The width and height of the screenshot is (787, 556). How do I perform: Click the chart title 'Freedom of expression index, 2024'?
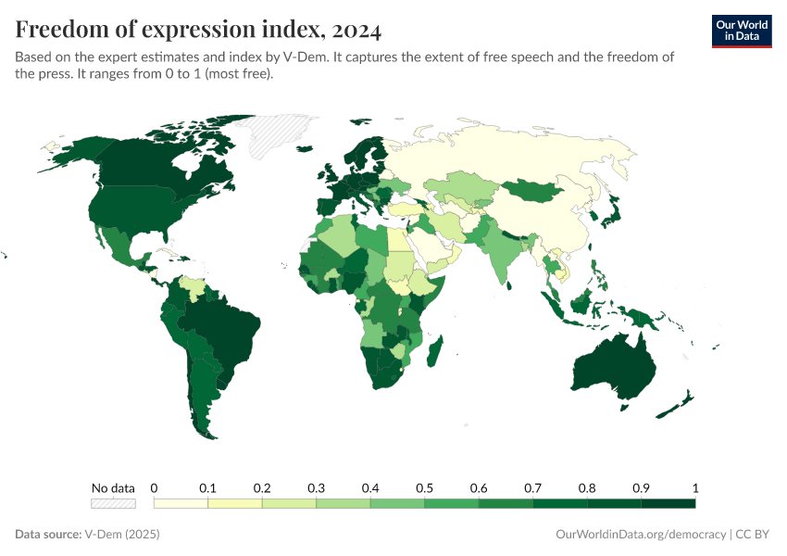pos(198,31)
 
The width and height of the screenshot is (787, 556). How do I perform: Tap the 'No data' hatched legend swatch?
pos(113,503)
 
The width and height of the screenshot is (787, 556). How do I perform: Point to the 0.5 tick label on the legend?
pos(424,487)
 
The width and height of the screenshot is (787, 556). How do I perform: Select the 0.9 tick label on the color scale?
pos(641,487)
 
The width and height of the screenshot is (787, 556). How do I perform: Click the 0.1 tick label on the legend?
pos(207,487)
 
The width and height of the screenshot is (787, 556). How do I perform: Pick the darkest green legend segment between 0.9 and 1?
pos(668,503)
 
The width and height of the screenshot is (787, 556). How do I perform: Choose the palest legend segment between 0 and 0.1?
pos(181,503)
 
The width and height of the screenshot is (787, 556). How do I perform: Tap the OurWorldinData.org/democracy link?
pos(641,535)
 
